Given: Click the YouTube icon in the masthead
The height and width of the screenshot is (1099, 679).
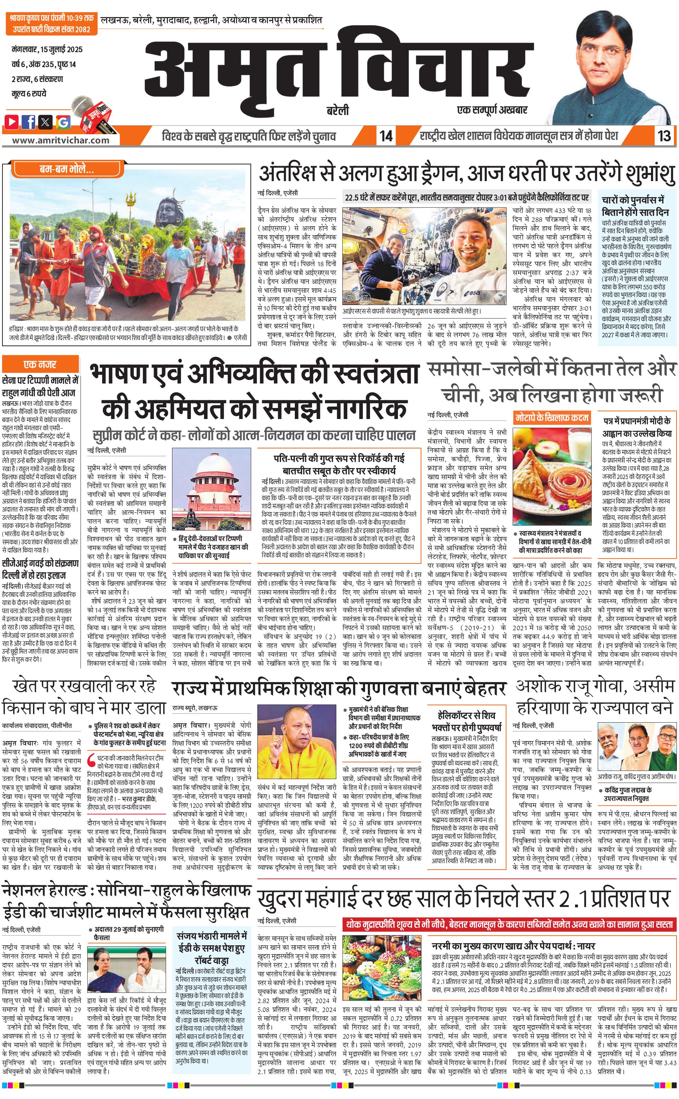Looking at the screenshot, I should [12, 121].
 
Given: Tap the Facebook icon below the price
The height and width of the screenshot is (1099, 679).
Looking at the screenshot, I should [29, 121].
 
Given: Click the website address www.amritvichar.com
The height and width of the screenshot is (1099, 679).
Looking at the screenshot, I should [61, 140].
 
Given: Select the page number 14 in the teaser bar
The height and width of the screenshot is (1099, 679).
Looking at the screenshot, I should [386, 136].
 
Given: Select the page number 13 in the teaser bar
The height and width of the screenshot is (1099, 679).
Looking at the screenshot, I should [664, 136].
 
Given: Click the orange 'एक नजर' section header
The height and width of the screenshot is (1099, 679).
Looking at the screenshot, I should [40, 365].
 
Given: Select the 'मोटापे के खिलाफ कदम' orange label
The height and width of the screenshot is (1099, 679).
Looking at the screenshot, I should [552, 418].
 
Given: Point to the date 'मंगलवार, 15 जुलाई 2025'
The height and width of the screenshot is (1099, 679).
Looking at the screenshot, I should [47, 49].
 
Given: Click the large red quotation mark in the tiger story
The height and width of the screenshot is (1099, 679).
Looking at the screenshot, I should [90, 759].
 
